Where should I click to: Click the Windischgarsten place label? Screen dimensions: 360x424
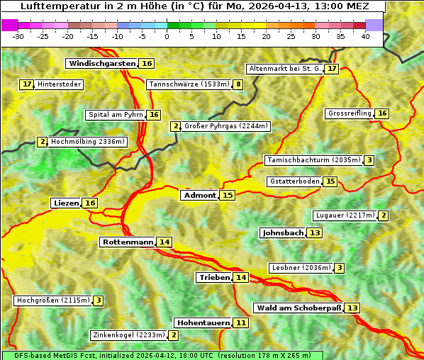pyautogui.click(x=101, y=64)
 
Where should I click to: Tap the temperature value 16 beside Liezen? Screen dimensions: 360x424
pyautogui.click(x=90, y=203)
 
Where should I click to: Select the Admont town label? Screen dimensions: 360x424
pyautogui.click(x=199, y=196)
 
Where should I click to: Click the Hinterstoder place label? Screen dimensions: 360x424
pyautogui.click(x=60, y=84)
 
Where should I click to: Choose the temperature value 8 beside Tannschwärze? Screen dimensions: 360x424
pyautogui.click(x=239, y=85)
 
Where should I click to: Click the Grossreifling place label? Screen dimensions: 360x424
pyautogui.click(x=350, y=113)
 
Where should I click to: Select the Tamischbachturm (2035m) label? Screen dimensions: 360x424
pyautogui.click(x=313, y=160)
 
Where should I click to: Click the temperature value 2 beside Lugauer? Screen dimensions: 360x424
pyautogui.click(x=384, y=215)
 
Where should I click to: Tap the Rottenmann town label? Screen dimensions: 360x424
pyautogui.click(x=128, y=242)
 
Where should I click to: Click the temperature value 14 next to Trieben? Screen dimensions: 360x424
pyautogui.click(x=241, y=278)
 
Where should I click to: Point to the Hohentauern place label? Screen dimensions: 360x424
pyautogui.click(x=203, y=323)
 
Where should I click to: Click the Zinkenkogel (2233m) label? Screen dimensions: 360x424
pyautogui.click(x=129, y=335)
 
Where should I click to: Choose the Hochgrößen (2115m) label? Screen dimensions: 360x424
pyautogui.click(x=53, y=300)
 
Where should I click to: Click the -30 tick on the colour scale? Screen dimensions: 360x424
pyautogui.click(x=18, y=36)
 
